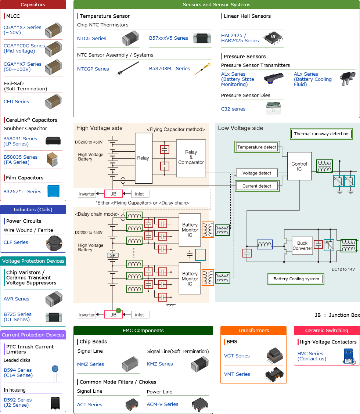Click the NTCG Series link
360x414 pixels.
pos(91,38)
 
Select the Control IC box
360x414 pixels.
pos(299,166)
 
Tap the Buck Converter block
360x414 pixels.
pos(302,246)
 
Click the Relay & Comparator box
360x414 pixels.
pos(191,157)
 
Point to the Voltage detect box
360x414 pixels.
pos(257,173)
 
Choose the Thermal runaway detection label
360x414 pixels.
pos(321,134)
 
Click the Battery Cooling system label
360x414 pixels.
pos(296,279)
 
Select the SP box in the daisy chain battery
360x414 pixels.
pos(112,255)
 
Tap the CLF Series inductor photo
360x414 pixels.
pos(54,242)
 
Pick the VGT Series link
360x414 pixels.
pos(237,356)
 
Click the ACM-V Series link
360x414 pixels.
pos(162,404)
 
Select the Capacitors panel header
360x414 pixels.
pos(33,5)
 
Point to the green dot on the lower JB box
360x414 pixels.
pos(118,310)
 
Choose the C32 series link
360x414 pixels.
pos(233,109)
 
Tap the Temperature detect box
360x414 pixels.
pos(257,147)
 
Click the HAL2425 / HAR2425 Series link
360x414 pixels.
pos(240,38)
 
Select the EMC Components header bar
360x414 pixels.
pos(143,330)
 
